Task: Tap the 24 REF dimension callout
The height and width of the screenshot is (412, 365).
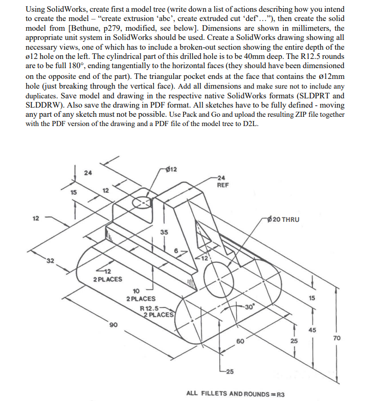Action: click(222, 182)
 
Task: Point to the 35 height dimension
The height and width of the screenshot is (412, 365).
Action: click(164, 232)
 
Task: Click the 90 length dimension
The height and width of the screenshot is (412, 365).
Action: click(112, 324)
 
